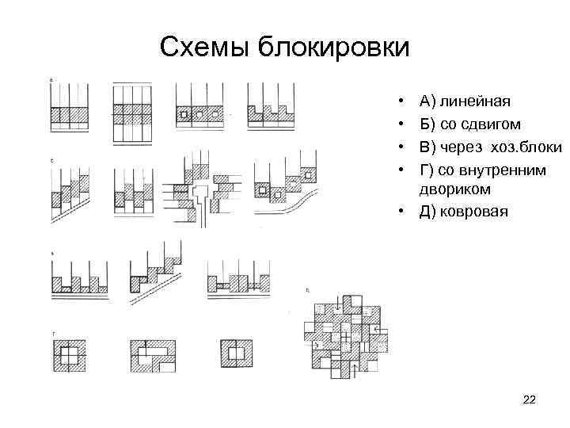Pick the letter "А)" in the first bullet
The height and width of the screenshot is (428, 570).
click(428, 101)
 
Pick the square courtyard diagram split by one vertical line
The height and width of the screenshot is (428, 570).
click(237, 350)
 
